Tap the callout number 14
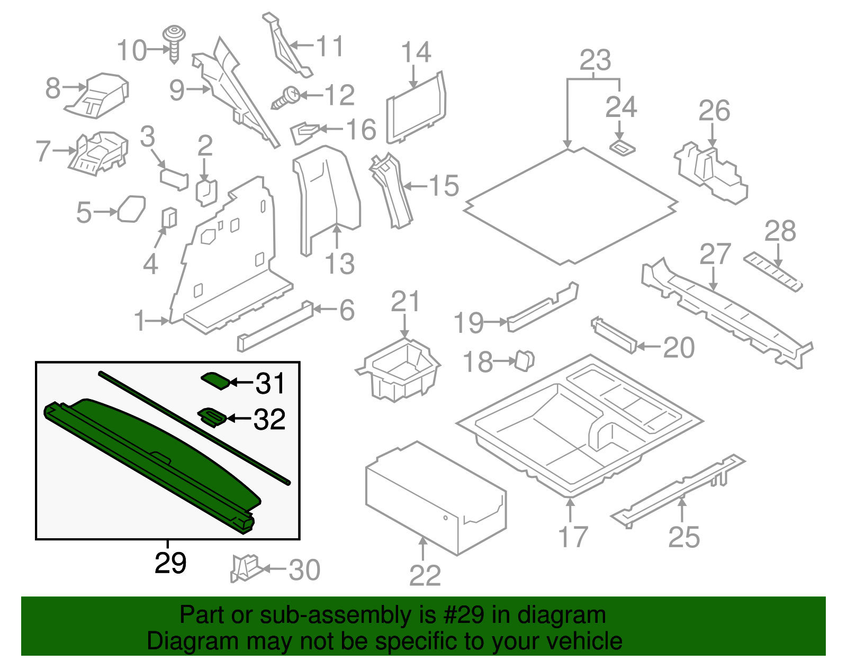pos(416,53)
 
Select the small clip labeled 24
pos(623,147)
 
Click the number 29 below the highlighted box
pos(170,563)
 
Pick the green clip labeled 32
pos(212,416)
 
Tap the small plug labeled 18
pos(525,360)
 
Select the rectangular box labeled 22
pos(434,497)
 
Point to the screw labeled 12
pos(286,98)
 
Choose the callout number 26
pos(714,111)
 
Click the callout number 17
pos(573,537)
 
